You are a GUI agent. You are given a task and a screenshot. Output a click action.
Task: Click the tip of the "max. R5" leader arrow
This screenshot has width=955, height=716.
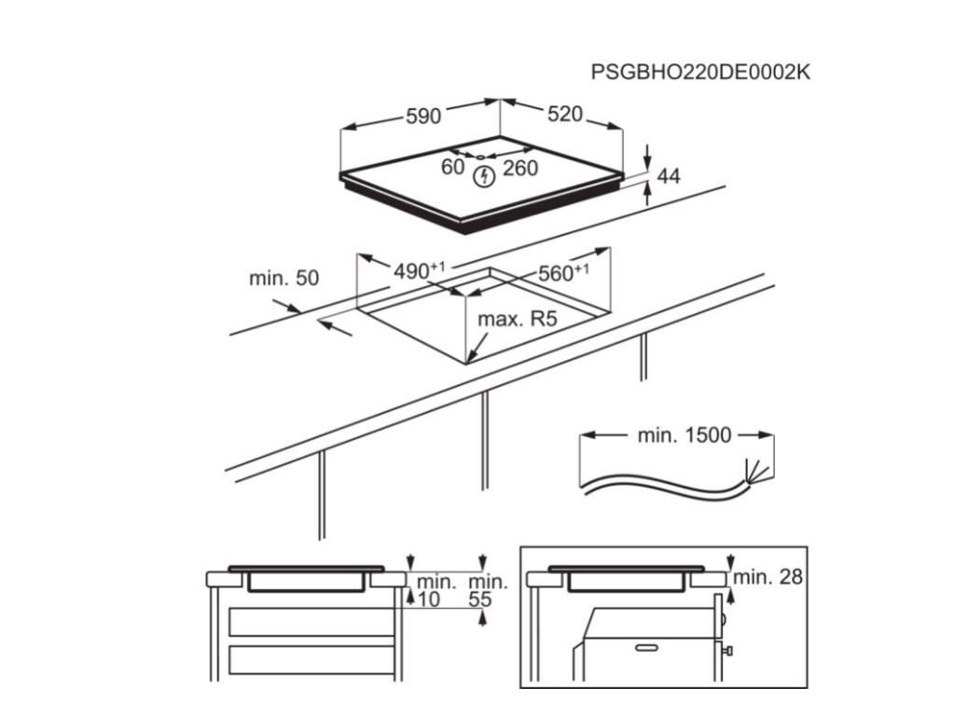click(467, 363)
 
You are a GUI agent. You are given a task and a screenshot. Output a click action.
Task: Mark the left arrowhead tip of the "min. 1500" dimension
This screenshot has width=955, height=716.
click(580, 434)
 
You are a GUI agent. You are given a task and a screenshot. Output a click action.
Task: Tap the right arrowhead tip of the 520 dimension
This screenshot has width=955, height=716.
click(622, 128)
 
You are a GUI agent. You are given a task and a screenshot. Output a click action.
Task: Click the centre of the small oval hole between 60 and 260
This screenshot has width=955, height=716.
click(481, 158)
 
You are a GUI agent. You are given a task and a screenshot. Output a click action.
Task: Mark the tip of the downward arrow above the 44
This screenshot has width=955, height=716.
click(647, 166)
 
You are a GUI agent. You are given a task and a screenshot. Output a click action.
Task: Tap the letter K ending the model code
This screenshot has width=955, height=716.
click(802, 72)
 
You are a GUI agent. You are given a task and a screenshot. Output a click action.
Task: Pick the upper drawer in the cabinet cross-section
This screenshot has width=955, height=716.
click(311, 621)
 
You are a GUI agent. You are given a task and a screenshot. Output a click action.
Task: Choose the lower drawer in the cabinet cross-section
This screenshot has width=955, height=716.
click(311, 660)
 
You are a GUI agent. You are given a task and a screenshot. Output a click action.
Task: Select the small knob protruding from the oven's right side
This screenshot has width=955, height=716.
click(727, 651)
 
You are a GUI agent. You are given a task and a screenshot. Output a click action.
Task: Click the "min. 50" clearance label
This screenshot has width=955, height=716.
click(284, 278)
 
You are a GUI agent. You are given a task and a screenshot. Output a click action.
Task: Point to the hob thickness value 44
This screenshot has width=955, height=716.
click(669, 176)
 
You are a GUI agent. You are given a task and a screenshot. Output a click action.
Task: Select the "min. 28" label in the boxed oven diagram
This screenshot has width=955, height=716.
click(768, 576)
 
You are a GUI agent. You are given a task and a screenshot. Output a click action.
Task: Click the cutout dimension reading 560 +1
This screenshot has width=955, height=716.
click(562, 273)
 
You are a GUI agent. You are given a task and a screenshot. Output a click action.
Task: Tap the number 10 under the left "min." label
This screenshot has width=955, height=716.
click(429, 599)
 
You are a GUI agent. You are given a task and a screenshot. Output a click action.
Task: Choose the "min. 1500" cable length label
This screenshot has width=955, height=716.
click(684, 434)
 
